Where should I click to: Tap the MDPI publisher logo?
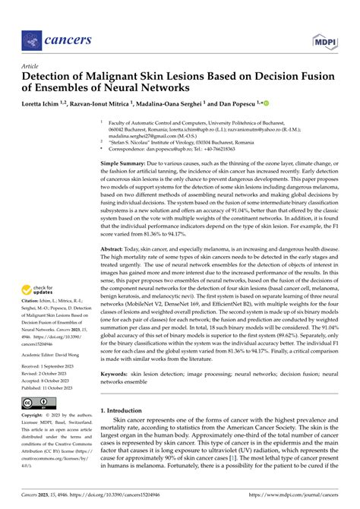click(324, 37)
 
